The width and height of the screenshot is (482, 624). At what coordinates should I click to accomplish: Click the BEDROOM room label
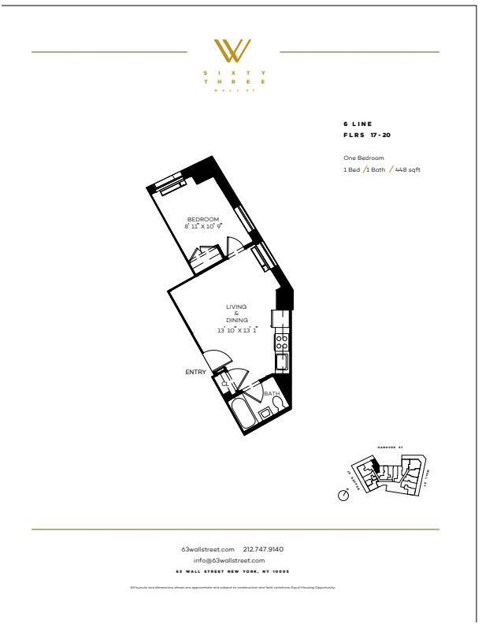coord(202,219)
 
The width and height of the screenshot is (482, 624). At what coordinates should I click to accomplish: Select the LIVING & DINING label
coord(236,313)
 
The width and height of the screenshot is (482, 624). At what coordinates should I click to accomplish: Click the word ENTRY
coord(195,372)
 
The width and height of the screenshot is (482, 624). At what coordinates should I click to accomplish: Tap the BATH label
coord(272,393)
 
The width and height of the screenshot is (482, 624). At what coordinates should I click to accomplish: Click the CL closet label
coord(224,384)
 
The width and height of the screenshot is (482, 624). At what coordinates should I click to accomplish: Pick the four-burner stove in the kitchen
coord(281,342)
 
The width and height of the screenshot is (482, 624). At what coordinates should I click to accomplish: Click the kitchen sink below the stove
coord(281,361)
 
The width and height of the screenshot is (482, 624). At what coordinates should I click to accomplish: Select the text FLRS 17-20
coord(366,136)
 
